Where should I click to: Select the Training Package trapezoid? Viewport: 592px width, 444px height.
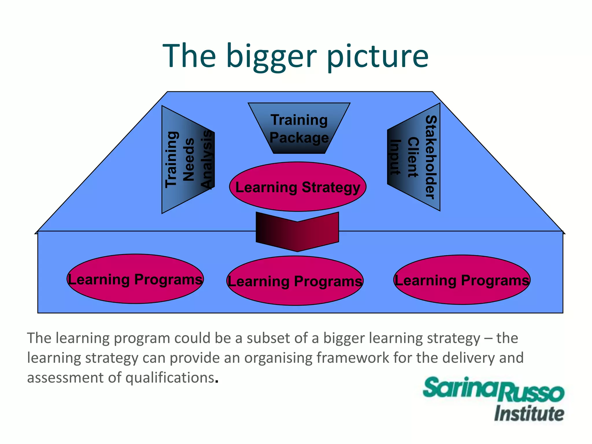(x=299, y=128)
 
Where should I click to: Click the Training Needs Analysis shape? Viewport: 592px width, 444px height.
(x=188, y=160)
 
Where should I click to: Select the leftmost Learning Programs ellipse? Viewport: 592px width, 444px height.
(x=135, y=279)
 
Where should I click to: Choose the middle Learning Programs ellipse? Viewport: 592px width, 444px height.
(x=295, y=281)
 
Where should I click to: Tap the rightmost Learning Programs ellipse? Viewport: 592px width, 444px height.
(x=462, y=280)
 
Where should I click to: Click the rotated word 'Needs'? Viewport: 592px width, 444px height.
(x=188, y=160)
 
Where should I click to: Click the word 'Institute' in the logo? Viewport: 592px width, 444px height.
(x=529, y=414)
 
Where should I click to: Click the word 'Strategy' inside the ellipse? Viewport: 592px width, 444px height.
(x=331, y=187)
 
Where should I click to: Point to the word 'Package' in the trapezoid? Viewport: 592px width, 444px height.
(x=299, y=138)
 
